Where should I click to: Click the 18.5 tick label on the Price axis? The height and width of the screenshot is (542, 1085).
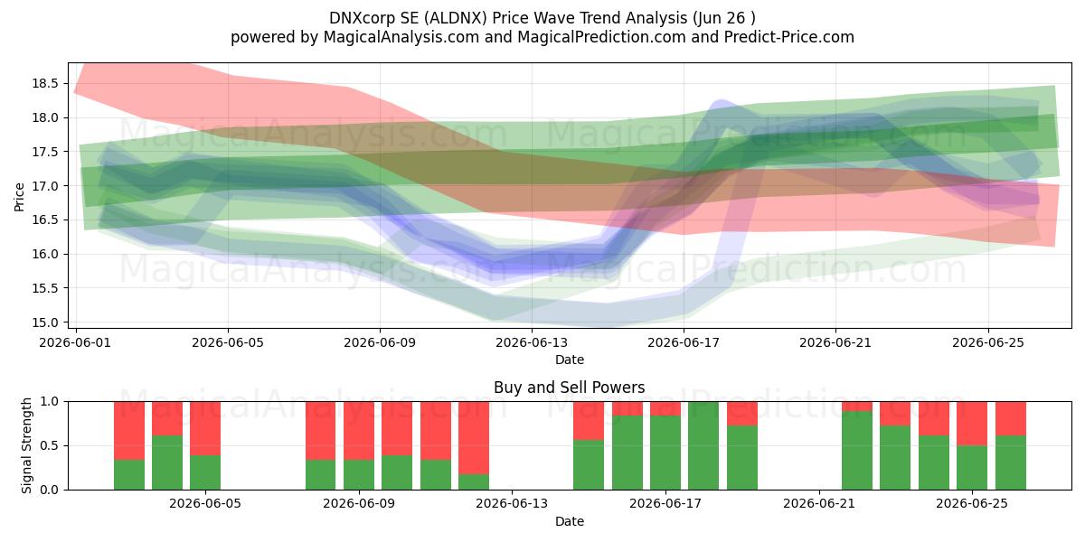44,84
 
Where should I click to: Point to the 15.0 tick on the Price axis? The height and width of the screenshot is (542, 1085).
44,322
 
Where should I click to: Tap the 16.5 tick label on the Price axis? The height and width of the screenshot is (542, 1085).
44,220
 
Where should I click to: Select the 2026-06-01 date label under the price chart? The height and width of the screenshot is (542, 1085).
75,342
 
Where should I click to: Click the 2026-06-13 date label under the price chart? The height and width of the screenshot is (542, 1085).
532,342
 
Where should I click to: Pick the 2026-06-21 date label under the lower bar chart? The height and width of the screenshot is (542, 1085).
819,503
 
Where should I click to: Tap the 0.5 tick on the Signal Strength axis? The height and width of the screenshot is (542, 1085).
51,445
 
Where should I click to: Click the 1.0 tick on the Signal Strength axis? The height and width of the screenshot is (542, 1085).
51,401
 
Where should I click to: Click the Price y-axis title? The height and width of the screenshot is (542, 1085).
19,197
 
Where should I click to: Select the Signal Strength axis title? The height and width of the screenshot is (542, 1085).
26,445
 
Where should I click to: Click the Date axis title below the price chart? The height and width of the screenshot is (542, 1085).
569,360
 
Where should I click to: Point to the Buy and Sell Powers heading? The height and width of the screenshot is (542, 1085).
569,388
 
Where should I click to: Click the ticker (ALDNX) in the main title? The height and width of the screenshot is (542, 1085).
455,18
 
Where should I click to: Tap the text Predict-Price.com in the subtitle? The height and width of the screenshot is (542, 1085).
789,37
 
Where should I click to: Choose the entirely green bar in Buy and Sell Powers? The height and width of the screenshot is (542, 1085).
703,445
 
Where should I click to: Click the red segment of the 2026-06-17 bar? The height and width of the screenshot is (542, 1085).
665,408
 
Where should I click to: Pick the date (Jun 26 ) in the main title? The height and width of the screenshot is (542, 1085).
724,18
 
